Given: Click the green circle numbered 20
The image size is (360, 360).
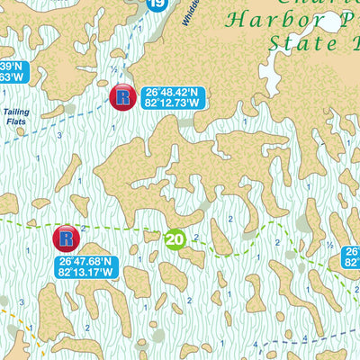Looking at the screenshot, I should click(175, 238).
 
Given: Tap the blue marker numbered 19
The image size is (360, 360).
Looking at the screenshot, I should click(157, 5).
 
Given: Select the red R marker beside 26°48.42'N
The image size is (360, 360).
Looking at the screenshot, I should click(122, 97).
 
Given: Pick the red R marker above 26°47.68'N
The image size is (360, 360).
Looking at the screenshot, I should click(66, 238).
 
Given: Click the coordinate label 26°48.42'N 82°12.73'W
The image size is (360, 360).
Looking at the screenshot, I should click(170, 97).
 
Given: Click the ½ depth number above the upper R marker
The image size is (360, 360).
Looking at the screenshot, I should click(113, 69).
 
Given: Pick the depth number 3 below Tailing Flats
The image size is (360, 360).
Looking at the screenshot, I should click(58, 135).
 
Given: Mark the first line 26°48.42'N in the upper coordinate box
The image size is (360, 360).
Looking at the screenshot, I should click(170, 92).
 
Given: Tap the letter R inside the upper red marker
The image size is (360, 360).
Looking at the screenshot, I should click(122, 97).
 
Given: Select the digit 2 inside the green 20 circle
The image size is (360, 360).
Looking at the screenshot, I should click(171, 238).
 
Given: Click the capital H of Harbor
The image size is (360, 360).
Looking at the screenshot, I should click(238, 19).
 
